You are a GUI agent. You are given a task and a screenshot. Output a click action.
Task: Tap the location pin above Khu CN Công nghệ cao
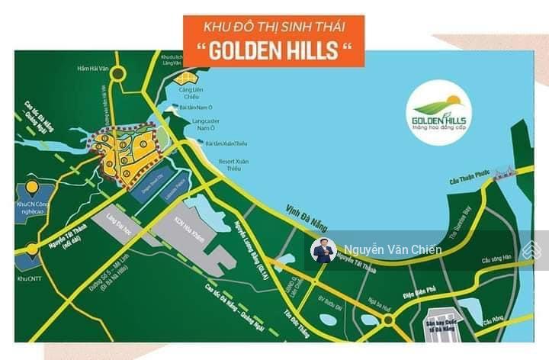31,187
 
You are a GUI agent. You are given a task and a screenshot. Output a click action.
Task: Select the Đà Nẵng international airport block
443,320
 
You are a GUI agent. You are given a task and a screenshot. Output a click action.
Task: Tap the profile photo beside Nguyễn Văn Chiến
323,251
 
